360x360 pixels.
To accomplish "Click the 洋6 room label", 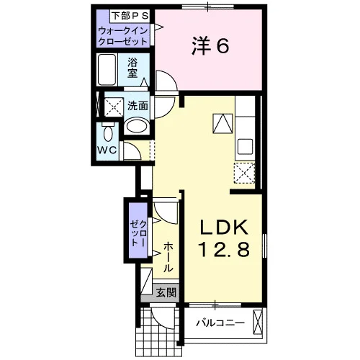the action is [210, 46].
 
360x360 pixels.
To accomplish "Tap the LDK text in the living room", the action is [224, 228].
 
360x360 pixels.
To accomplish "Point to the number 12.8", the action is [224, 249].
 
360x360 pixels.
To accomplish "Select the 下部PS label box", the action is [130, 16].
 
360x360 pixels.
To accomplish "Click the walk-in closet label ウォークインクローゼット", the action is [123, 36].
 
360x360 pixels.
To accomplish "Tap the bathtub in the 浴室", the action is [107, 70].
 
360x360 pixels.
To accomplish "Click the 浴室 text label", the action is [132, 68].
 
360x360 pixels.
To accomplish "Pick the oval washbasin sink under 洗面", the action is [136, 125].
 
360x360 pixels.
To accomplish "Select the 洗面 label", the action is [138, 106].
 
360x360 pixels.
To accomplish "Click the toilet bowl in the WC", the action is [108, 132].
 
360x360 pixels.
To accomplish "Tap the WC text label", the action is [107, 150].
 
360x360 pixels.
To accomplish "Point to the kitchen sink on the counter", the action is [245, 147].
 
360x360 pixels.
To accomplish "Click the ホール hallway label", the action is [168, 257].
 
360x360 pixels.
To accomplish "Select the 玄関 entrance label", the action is [166, 292].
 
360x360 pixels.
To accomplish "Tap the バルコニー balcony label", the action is [220, 323].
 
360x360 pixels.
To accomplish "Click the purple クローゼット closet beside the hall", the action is [138, 230].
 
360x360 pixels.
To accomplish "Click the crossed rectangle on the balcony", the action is [258, 322].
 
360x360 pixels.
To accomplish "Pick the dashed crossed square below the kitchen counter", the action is [244, 173].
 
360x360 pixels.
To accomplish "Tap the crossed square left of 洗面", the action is [114, 107].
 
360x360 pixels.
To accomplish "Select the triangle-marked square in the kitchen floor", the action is [222, 123].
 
